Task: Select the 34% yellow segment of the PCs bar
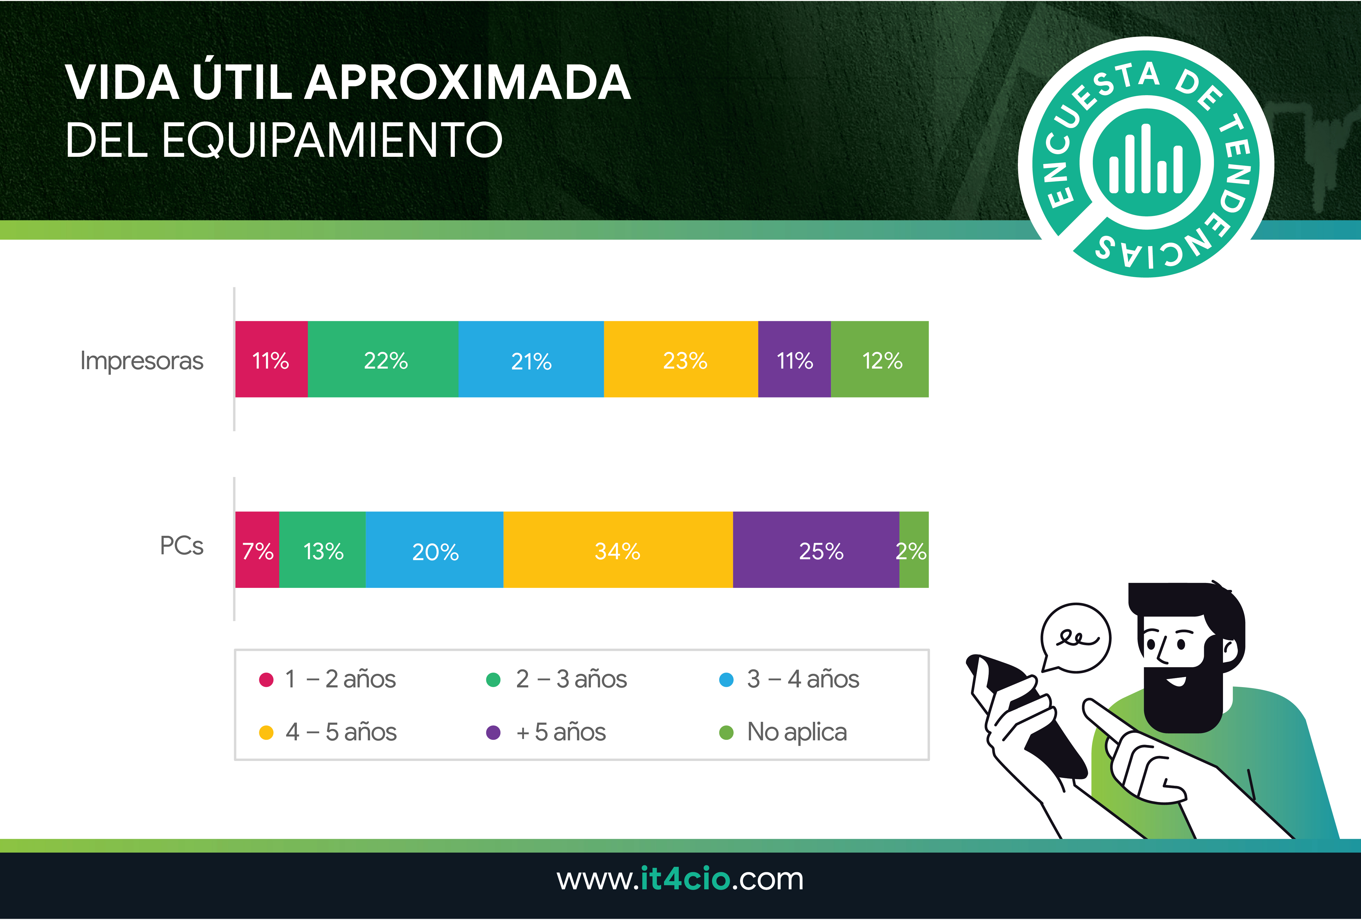point(618,549)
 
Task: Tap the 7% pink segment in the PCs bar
point(257,549)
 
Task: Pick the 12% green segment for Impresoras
point(880,359)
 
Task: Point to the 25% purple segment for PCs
point(816,549)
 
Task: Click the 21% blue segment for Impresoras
point(531,359)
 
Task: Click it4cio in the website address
point(685,879)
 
